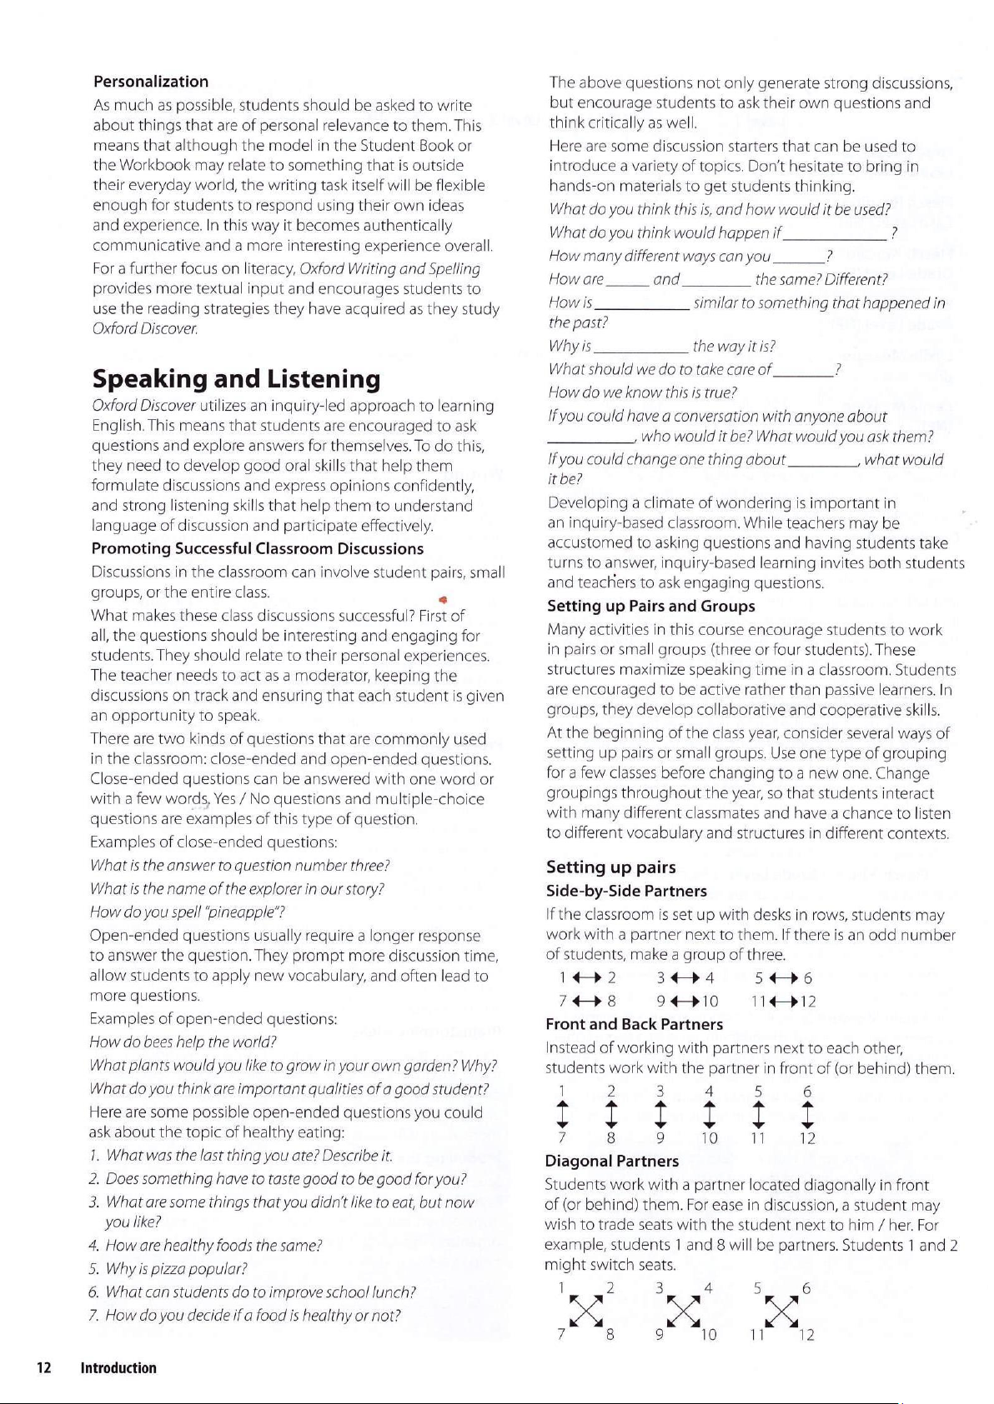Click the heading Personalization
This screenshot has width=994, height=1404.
(151, 82)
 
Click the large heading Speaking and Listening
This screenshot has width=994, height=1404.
(236, 379)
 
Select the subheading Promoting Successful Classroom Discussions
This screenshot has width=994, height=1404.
(257, 549)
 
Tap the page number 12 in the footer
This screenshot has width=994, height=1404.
(43, 1367)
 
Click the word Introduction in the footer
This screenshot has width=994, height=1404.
(118, 1367)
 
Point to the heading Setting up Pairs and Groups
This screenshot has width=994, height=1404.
(650, 606)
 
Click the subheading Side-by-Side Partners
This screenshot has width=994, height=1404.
(626, 892)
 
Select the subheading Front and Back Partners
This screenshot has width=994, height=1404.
(634, 1024)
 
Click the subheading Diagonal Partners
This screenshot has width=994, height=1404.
(611, 1161)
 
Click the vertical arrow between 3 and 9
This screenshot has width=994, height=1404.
(660, 1115)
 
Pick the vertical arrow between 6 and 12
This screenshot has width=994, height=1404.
(806, 1115)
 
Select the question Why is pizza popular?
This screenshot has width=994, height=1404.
(176, 1269)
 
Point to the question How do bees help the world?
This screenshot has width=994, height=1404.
(183, 1042)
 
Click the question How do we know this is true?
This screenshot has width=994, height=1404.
(642, 392)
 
